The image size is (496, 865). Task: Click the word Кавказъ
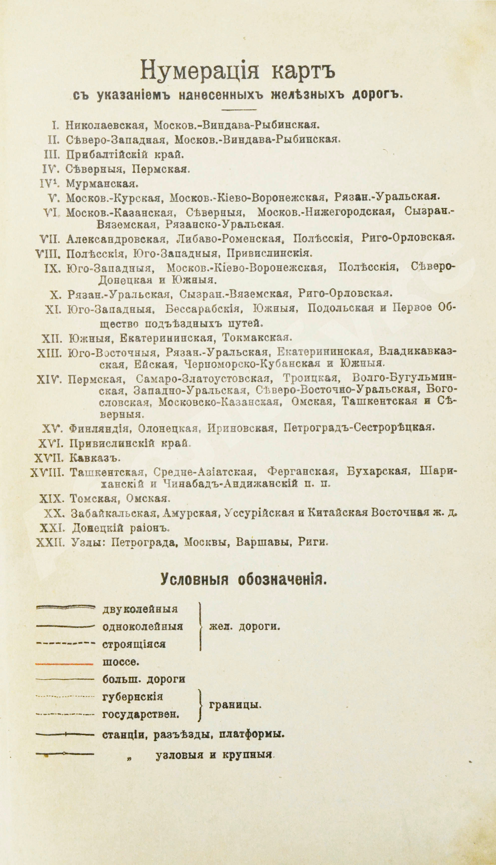pyautogui.click(x=95, y=458)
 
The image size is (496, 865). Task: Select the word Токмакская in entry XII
pyautogui.click(x=257, y=338)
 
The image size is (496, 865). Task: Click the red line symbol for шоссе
pyautogui.click(x=64, y=664)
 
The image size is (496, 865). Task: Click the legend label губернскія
pyautogui.click(x=132, y=697)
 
